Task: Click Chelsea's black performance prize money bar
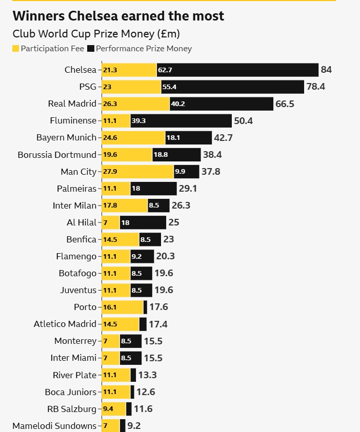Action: [237, 70]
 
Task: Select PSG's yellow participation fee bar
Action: [131, 87]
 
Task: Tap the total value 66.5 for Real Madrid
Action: [285, 104]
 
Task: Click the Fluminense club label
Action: [73, 120]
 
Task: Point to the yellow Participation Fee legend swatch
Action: [15, 49]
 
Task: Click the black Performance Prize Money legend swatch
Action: [91, 49]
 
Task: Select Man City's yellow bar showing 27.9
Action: [137, 172]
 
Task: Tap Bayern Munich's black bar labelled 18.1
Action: [188, 137]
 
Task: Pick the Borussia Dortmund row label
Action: [56, 155]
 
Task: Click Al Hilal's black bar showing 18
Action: [143, 222]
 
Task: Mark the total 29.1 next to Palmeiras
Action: [188, 189]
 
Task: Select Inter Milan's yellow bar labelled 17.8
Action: [125, 205]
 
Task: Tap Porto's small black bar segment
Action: [145, 307]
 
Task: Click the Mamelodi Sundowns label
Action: [54, 426]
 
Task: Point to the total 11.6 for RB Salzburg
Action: [143, 409]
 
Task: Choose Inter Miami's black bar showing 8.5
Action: [130, 358]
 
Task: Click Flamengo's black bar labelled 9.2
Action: [142, 256]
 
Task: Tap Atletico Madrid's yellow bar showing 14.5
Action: [120, 324]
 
